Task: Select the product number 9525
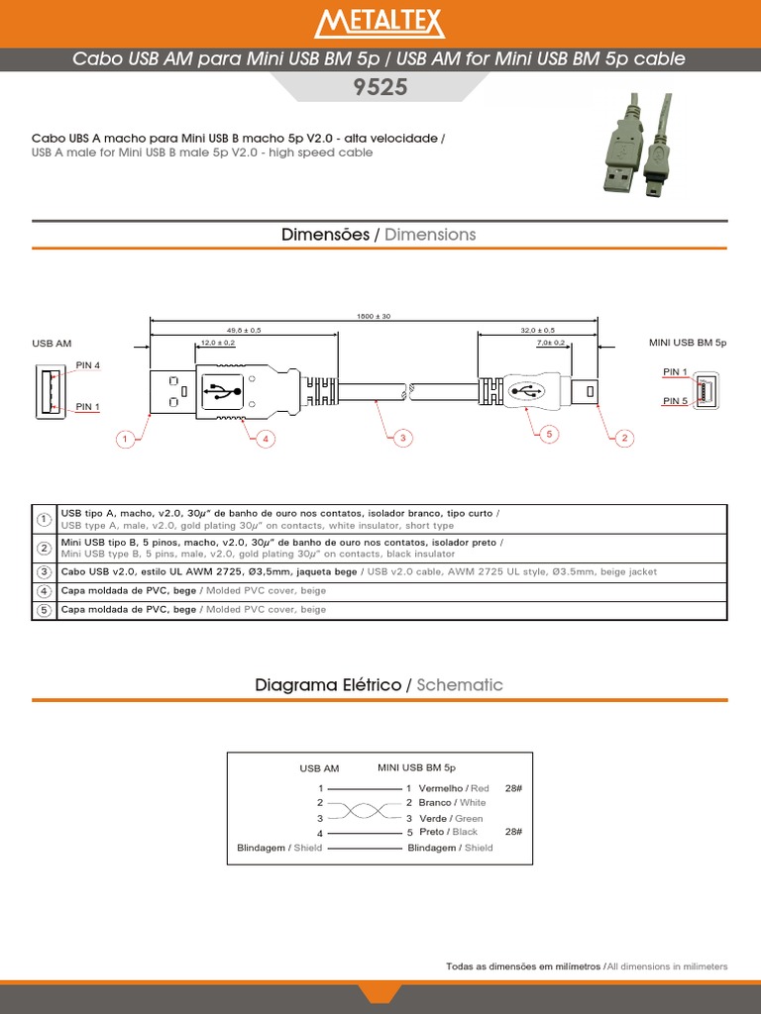point(380,87)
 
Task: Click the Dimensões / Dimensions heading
point(380,235)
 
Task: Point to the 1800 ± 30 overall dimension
point(374,316)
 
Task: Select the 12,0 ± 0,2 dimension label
point(218,343)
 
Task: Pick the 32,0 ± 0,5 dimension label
point(538,330)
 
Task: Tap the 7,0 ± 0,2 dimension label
point(550,343)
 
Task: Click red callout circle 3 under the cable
point(402,438)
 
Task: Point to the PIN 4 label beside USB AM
point(88,365)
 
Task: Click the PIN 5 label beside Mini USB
point(675,401)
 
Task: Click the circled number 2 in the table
point(45,549)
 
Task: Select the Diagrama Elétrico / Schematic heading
point(380,685)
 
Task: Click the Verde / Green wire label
point(451,819)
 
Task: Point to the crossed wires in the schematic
point(366,811)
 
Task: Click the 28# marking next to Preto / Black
point(512,832)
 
